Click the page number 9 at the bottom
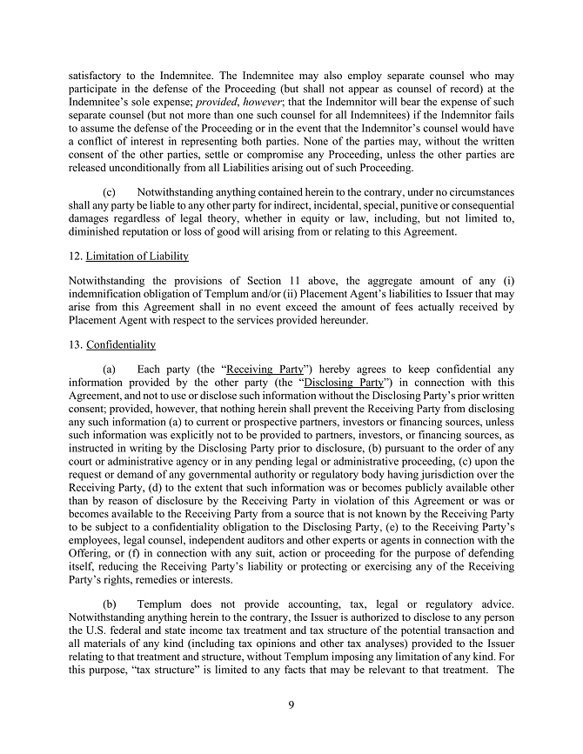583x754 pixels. coord(291,705)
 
